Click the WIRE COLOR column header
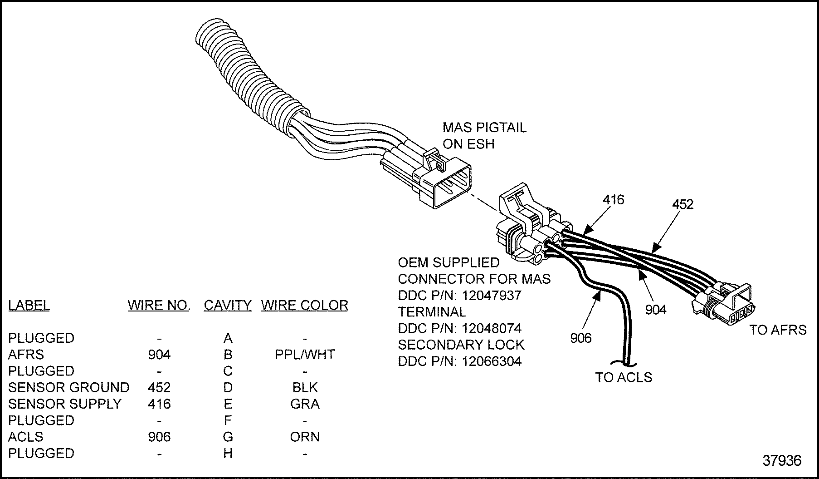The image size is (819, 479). pyautogui.click(x=304, y=305)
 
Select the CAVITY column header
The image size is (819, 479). pyautogui.click(x=227, y=305)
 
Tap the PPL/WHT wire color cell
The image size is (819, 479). pyautogui.click(x=305, y=354)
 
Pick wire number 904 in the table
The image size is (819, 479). pyautogui.click(x=159, y=354)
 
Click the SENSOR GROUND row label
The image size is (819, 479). pyautogui.click(x=68, y=387)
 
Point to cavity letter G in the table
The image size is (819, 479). pyautogui.click(x=228, y=437)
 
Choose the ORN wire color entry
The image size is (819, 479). pyautogui.click(x=305, y=437)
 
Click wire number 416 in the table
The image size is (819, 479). pyautogui.click(x=159, y=404)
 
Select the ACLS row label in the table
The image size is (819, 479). pyautogui.click(x=26, y=437)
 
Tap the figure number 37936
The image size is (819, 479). pyautogui.click(x=782, y=460)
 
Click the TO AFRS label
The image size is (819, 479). pyautogui.click(x=778, y=330)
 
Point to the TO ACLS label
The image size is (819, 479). pyautogui.click(x=624, y=377)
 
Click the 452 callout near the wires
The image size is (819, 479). pyautogui.click(x=683, y=204)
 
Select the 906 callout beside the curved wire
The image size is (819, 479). pyautogui.click(x=581, y=338)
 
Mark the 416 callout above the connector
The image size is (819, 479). pyautogui.click(x=614, y=200)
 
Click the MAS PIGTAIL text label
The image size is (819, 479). pyautogui.click(x=484, y=128)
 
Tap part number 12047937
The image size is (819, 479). pyautogui.click(x=492, y=295)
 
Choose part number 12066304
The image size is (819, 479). pyautogui.click(x=492, y=361)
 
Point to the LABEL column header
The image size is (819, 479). pyautogui.click(x=29, y=305)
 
